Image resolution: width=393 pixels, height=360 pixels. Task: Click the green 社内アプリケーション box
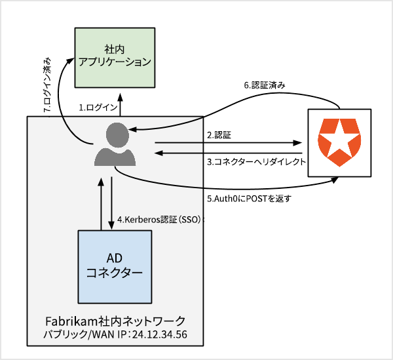click(x=115, y=58)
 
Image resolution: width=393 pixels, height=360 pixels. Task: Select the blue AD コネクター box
click(x=115, y=267)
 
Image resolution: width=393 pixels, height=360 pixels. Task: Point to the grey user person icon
click(x=115, y=144)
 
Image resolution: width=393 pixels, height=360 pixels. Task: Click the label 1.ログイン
click(x=98, y=108)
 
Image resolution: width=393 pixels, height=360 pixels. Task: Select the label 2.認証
click(x=219, y=135)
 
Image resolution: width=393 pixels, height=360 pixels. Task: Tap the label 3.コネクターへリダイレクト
click(x=256, y=161)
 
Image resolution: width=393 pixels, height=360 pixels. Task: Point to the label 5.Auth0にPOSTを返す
click(x=249, y=199)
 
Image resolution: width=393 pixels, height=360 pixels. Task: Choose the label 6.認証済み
click(x=265, y=85)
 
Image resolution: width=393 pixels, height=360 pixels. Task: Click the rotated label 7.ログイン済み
click(x=47, y=85)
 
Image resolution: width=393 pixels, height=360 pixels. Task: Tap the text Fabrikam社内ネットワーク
click(x=115, y=321)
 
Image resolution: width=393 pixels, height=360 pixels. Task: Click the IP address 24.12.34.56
click(x=159, y=334)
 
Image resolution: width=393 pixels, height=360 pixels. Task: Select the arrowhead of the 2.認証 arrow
click(x=297, y=143)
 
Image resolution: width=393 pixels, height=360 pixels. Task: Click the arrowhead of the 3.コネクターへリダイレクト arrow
click(x=159, y=153)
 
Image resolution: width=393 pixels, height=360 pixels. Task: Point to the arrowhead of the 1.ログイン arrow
click(x=121, y=98)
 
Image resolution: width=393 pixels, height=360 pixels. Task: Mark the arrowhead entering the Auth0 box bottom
click(x=335, y=180)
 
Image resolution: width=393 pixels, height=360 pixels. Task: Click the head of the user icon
click(x=117, y=135)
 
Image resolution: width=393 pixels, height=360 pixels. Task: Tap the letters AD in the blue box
click(x=115, y=258)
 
